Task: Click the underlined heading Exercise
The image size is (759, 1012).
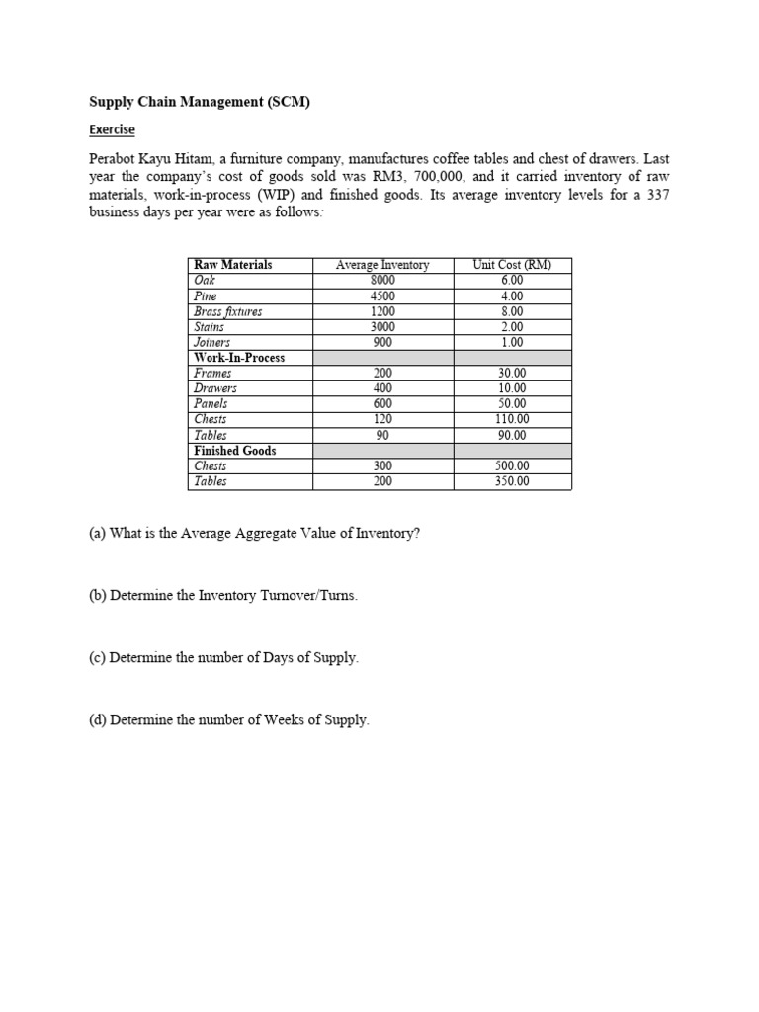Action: coord(112,129)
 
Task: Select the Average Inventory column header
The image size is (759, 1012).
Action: coord(382,265)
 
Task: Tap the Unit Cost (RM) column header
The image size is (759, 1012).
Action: coord(512,265)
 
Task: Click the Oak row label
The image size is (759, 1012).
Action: coord(205,280)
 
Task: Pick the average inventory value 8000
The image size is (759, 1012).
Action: coord(382,280)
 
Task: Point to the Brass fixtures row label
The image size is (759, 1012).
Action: coord(228,311)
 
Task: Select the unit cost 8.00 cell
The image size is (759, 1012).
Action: coord(512,311)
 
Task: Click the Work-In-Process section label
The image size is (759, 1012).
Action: coord(239,358)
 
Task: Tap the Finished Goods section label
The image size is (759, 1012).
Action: coord(235,451)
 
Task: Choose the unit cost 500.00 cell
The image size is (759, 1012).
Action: coord(512,466)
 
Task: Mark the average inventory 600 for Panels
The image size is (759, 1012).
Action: coord(382,404)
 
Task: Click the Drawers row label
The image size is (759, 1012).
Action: coord(214,388)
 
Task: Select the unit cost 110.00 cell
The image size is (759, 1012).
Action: coord(512,419)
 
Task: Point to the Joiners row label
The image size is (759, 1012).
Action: coord(211,342)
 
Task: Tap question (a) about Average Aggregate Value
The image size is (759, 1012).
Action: coord(254,533)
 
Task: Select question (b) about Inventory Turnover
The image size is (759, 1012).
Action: coord(223,596)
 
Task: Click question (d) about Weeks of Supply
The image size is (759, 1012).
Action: coord(228,720)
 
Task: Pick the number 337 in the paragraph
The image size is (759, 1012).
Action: coord(658,195)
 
